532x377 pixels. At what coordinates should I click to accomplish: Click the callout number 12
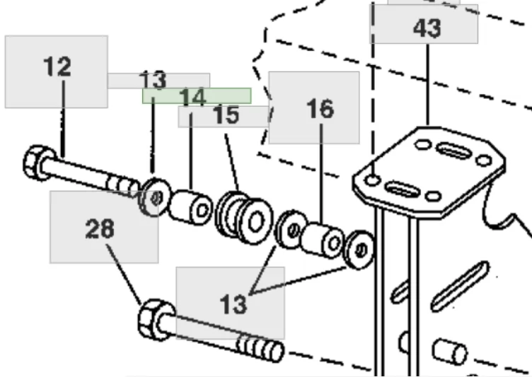[x=57, y=66]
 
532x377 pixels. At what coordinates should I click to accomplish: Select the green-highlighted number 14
[x=192, y=97]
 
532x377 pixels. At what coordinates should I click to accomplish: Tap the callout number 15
[x=226, y=115]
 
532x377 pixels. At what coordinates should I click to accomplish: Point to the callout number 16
[x=320, y=109]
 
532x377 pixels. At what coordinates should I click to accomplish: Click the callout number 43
[x=427, y=28]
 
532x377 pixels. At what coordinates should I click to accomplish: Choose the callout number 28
[x=100, y=228]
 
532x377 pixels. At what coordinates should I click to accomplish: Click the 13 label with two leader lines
[x=233, y=304]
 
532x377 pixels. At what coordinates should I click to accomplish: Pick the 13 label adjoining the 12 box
[x=154, y=80]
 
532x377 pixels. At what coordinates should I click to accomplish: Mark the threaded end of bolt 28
[x=260, y=348]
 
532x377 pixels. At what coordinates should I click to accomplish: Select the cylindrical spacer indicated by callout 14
[x=190, y=207]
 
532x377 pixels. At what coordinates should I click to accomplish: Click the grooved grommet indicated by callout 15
[x=244, y=218]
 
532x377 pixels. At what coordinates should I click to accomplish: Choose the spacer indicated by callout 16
[x=323, y=240]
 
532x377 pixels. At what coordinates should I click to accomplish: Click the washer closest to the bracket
[x=359, y=250]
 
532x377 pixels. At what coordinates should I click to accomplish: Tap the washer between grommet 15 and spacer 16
[x=291, y=230]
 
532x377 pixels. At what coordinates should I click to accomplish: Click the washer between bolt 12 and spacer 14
[x=154, y=197]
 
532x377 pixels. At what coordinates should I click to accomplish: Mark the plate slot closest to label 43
[x=453, y=151]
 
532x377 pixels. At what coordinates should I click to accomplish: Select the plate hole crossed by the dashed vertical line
[x=372, y=180]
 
